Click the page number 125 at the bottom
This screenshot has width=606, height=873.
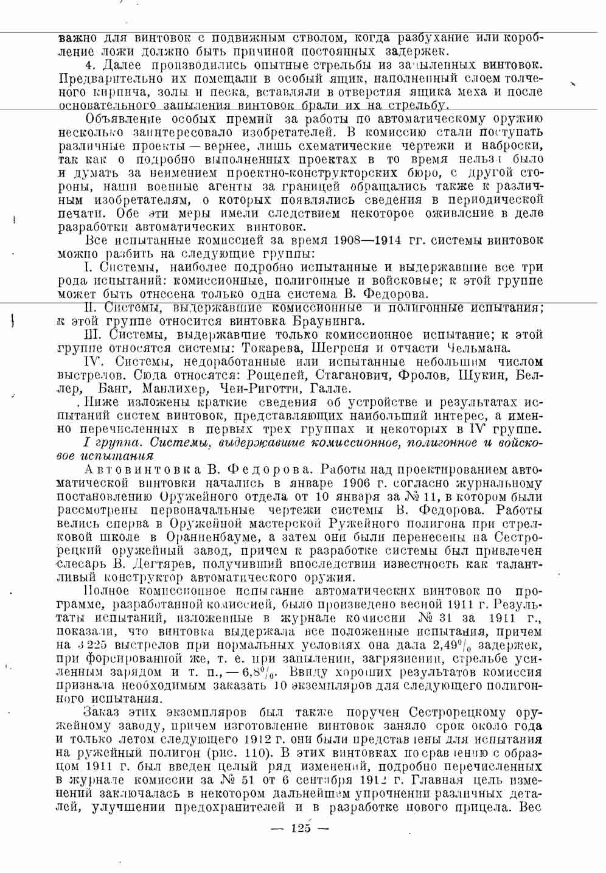pyautogui.click(x=301, y=828)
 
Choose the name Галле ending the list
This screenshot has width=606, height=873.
pyautogui.click(x=330, y=388)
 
